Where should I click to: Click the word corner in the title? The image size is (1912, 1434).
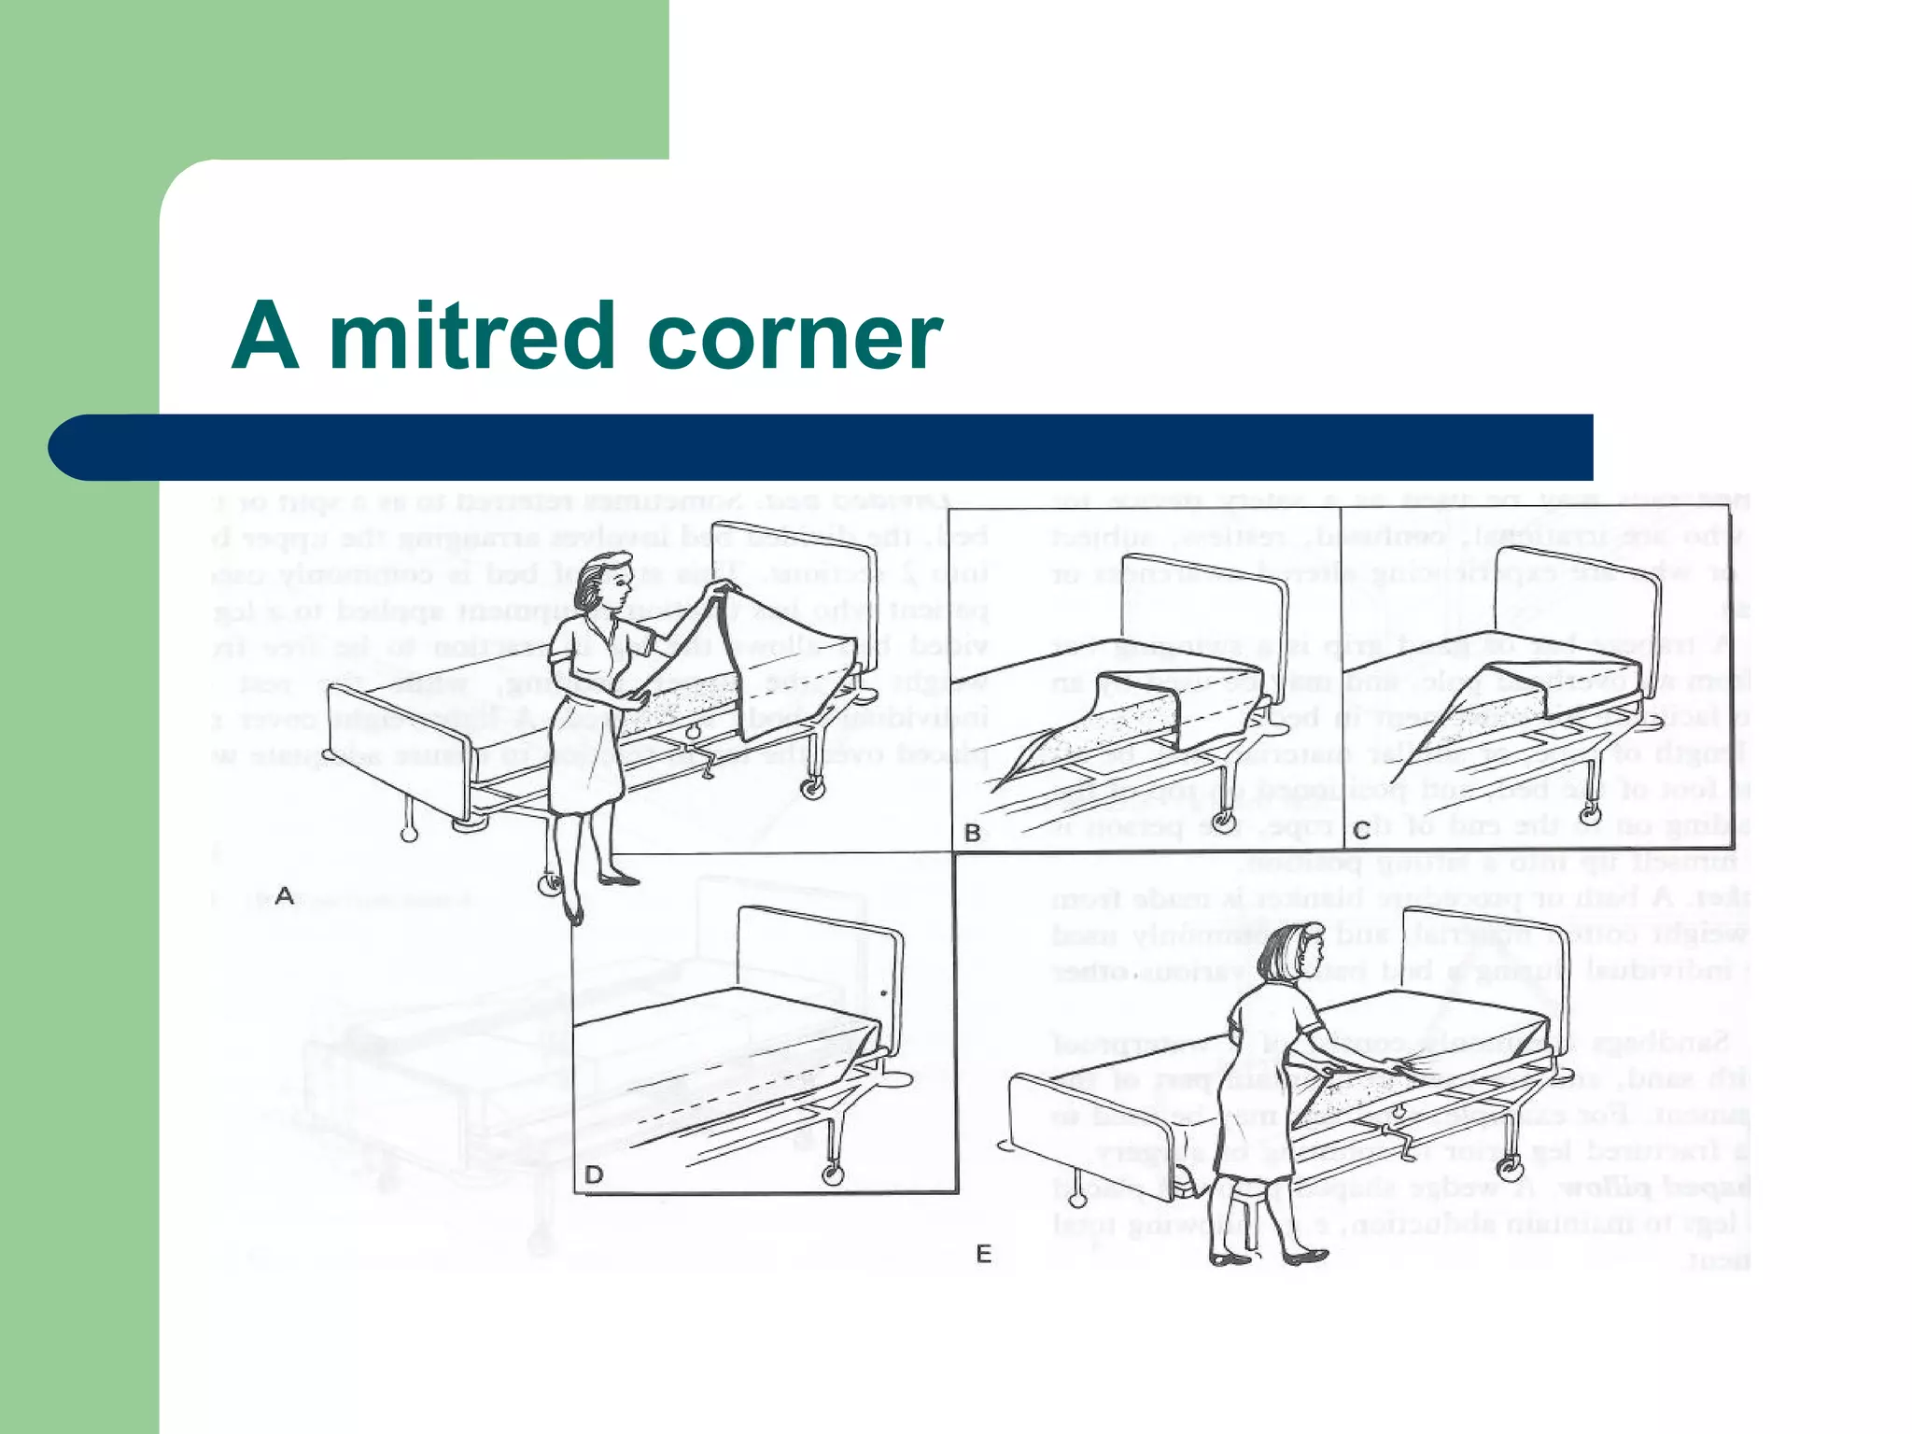(794, 338)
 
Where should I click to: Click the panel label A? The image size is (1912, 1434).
(285, 896)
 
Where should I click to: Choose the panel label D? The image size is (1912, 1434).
(594, 1174)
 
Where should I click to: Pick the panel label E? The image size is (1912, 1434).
(983, 1254)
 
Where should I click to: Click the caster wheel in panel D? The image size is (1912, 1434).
(829, 1174)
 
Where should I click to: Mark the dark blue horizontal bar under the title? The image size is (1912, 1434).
(822, 447)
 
